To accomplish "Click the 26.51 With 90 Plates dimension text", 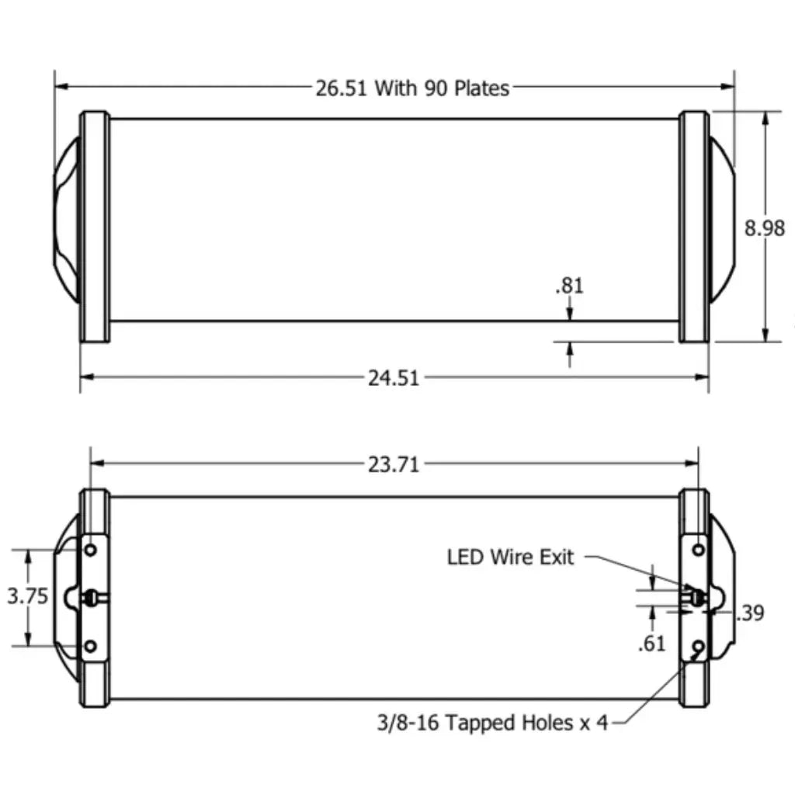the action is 412,89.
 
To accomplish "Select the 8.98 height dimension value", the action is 765,228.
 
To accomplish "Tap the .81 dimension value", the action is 569,286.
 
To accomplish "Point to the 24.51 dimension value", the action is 394,378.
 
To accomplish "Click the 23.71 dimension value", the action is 394,464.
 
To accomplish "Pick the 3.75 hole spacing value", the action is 27,596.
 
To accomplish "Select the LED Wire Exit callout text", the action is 510,557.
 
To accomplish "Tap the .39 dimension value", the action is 750,613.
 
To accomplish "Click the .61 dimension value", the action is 651,644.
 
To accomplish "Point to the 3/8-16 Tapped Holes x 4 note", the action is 492,723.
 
